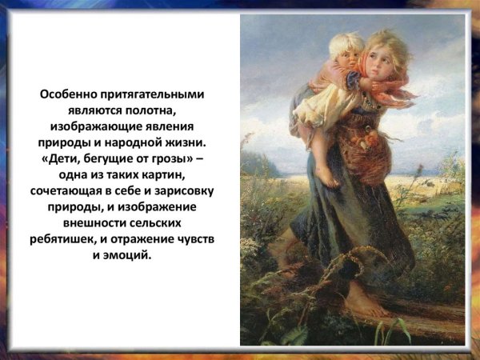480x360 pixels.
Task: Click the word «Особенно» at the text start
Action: [x=70, y=94]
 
